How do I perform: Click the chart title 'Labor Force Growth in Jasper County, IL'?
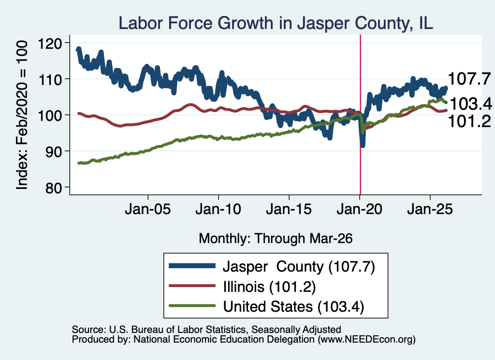tap(276, 23)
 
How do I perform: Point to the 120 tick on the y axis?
tap(50, 43)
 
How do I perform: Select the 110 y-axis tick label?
tap(50, 80)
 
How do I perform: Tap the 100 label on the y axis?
tap(50, 115)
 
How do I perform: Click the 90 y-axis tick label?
tap(54, 152)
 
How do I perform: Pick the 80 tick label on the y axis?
tap(54, 187)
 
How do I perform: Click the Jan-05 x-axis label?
tap(148, 209)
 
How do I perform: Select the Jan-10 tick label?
tap(218, 209)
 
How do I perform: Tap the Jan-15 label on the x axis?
tap(289, 209)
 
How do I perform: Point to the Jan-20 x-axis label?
tap(359, 209)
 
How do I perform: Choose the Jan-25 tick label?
tap(430, 209)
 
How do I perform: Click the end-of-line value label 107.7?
tap(469, 79)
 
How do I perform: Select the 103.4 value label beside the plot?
tap(471, 103)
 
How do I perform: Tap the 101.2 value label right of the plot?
tap(469, 121)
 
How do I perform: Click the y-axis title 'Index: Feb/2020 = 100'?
tap(22, 115)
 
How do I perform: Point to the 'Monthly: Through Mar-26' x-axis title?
tap(276, 238)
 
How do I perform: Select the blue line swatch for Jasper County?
tap(192, 266)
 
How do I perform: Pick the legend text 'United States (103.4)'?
tap(293, 307)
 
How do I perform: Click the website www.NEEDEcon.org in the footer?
tap(366, 340)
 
